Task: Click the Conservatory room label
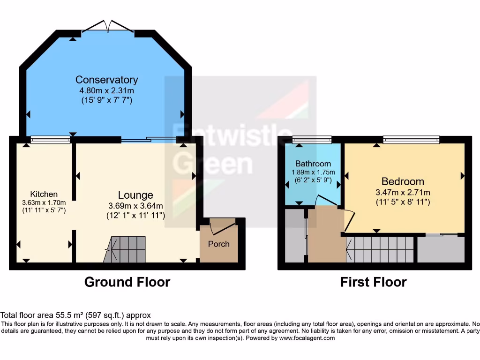(107, 80)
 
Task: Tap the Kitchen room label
(44, 194)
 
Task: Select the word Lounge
(135, 195)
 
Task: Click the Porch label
(219, 244)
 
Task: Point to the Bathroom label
(313, 164)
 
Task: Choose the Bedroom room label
(403, 181)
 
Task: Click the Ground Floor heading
(127, 282)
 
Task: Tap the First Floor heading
(373, 282)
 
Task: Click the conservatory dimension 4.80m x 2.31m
(107, 90)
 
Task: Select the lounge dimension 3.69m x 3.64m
(135, 206)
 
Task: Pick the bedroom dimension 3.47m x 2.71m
(403, 192)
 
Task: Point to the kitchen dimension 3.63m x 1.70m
(44, 202)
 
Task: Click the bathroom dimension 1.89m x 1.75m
(313, 172)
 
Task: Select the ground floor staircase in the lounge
(127, 248)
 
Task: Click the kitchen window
(50, 139)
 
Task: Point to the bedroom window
(411, 139)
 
